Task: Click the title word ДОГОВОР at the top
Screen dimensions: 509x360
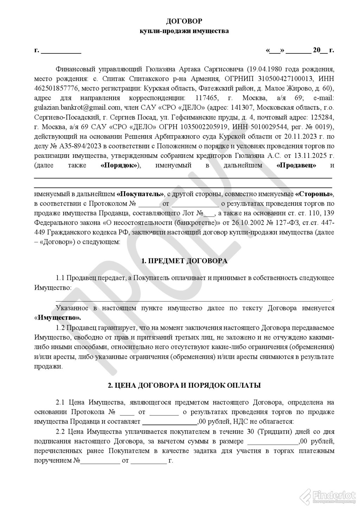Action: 184,21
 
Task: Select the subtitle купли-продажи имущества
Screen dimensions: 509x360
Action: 184,31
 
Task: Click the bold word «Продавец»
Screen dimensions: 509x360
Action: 296,165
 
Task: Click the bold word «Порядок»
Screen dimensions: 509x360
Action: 118,165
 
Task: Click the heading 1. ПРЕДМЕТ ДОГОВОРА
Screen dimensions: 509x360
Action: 184,261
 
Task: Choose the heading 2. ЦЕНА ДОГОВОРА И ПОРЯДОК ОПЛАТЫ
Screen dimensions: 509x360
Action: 184,385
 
